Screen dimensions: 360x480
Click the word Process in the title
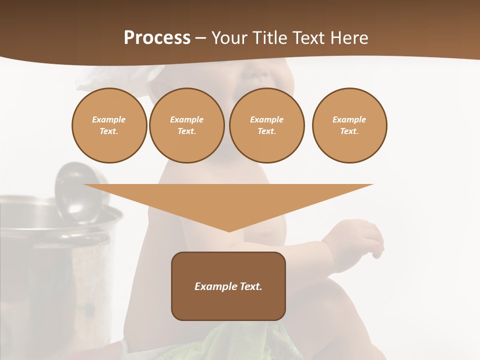tap(157, 38)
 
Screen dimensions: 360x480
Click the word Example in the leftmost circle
tap(109, 119)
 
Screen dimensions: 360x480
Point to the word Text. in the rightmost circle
tap(349, 131)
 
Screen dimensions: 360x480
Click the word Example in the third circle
tap(266, 119)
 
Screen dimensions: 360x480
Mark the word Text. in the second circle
tap(186, 131)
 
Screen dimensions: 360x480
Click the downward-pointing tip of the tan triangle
tap(229, 230)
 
